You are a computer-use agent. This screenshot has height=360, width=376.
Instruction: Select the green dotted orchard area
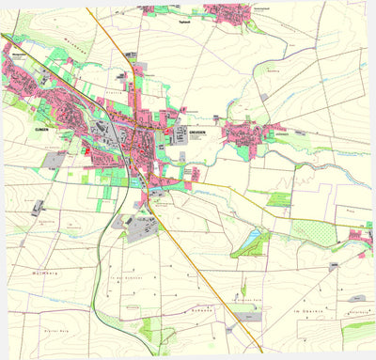[310, 231]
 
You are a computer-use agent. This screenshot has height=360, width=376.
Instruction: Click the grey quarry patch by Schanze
[231, 328]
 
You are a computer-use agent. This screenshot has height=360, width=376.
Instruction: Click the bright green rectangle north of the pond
[279, 199]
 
